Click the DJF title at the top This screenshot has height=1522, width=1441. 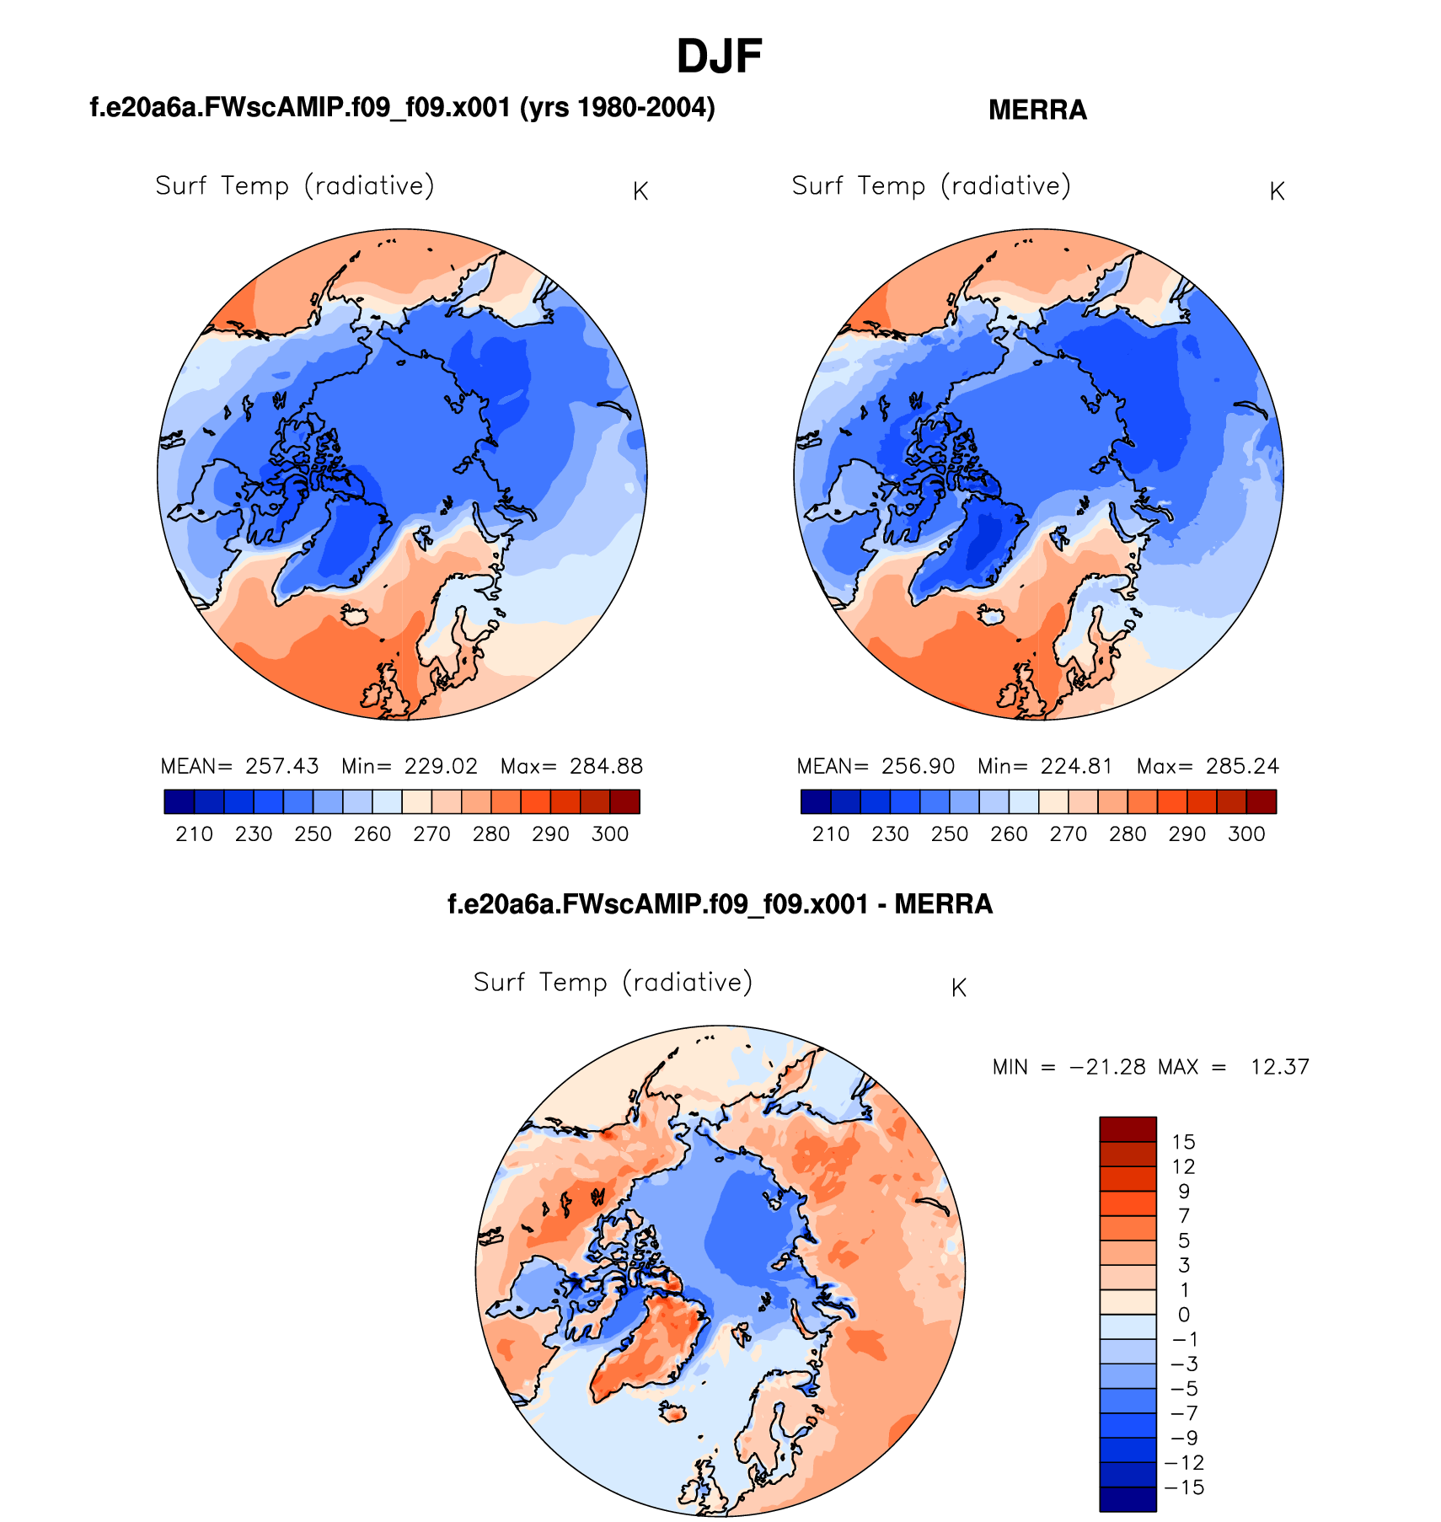click(x=719, y=57)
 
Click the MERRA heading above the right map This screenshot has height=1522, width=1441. click(x=1037, y=110)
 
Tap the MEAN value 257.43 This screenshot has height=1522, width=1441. click(x=281, y=766)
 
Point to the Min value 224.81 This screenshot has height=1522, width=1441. click(x=1076, y=766)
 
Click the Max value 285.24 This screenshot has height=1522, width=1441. click(x=1242, y=766)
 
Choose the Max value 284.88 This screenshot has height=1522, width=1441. click(x=606, y=766)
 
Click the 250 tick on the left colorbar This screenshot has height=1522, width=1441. click(x=313, y=834)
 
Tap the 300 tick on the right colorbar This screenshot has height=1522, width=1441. click(x=1246, y=834)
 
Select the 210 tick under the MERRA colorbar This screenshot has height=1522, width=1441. click(x=830, y=834)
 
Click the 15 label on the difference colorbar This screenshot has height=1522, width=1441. click(x=1183, y=1142)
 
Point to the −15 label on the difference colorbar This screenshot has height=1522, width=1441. click(x=1184, y=1487)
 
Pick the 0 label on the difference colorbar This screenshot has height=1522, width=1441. click(x=1183, y=1315)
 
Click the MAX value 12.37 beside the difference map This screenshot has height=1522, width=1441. click(x=1279, y=1067)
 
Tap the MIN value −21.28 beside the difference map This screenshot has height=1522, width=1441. click(x=1107, y=1067)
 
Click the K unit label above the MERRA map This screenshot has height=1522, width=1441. click(x=1277, y=192)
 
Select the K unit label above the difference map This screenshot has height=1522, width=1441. click(x=958, y=989)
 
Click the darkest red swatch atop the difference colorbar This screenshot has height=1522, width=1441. click(x=1128, y=1129)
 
